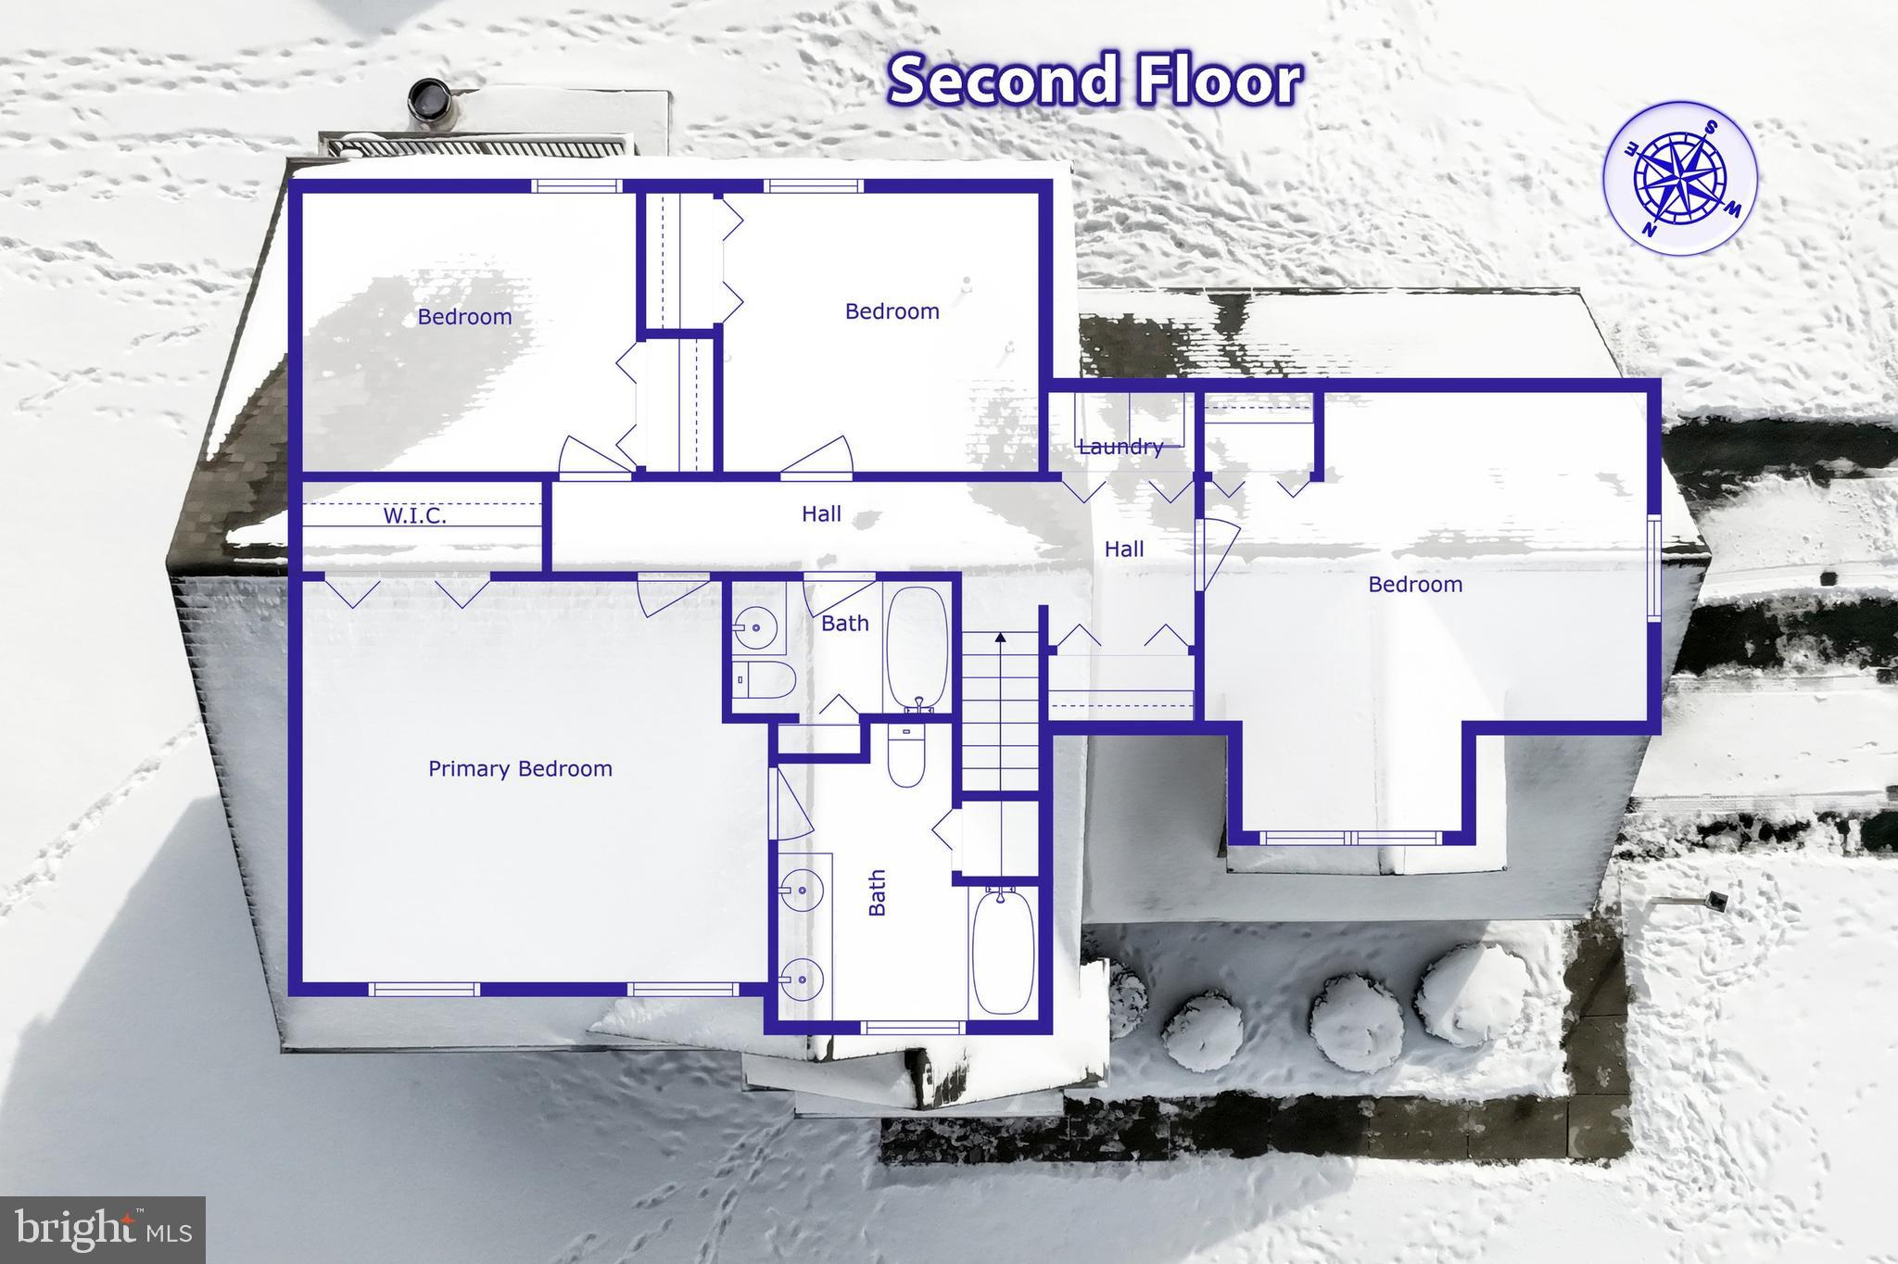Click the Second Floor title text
1095,80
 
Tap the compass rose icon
1679,178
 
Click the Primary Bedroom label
520,768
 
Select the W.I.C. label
414,516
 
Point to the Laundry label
1120,447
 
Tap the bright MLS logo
102,1230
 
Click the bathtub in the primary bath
1003,951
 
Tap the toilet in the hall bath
768,679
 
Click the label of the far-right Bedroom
1414,585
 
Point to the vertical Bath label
877,892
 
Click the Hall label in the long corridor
821,513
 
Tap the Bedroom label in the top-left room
464,317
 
